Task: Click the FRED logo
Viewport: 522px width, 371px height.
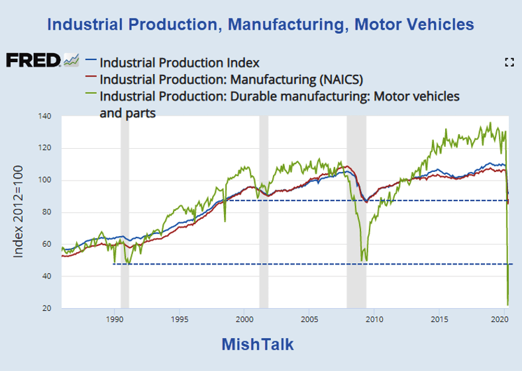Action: [x=34, y=60]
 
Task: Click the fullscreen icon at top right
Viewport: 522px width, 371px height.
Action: [x=509, y=62]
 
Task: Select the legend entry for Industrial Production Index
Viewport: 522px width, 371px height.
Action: [x=179, y=63]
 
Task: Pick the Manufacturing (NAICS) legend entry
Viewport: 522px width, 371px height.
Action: [x=231, y=79]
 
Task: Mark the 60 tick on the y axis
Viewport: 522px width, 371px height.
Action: [x=45, y=245]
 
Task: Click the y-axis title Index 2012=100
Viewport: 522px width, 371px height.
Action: [x=19, y=212]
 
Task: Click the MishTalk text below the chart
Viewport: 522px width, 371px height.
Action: [x=257, y=345]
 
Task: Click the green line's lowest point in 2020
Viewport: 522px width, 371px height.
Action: [x=508, y=305]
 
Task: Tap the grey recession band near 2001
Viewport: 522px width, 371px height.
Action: [x=264, y=212]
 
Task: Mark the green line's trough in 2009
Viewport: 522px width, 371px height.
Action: [x=362, y=261]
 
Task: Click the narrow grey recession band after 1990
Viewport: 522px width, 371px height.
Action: [x=125, y=212]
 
